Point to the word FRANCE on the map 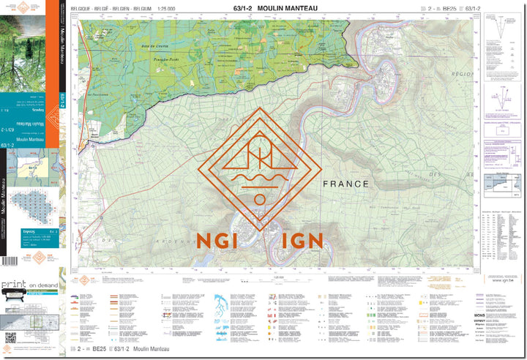(346, 184)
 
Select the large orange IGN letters (295, 239)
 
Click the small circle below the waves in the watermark (259, 199)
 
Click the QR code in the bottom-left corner (10, 337)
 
